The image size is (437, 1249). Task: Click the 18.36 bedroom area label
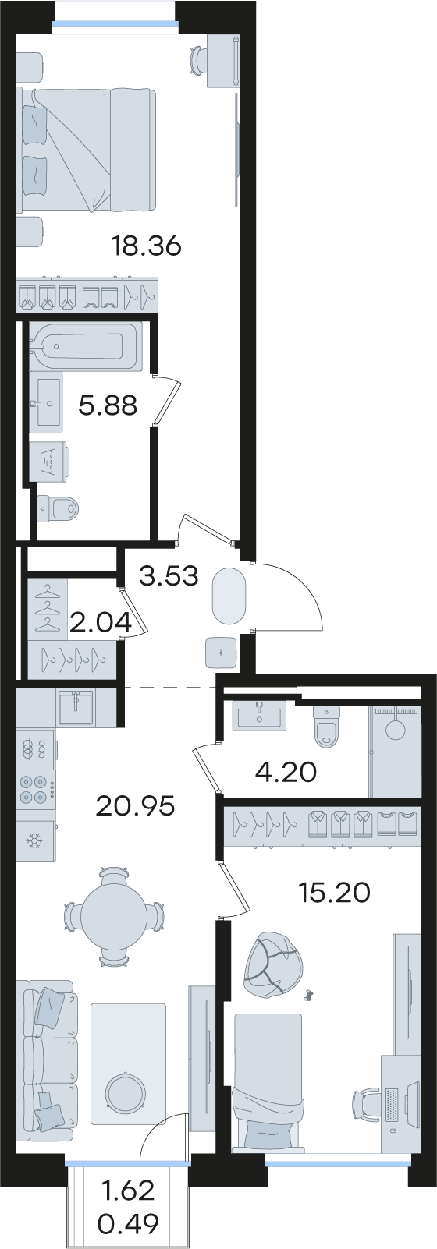[x=147, y=246]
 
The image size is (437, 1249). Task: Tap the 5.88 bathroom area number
[x=108, y=405]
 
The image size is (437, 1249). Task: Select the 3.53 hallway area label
[x=169, y=576]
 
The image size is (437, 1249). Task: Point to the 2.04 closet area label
[x=101, y=622]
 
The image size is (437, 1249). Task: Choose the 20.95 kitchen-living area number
[x=136, y=805]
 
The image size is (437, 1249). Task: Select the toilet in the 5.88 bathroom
[x=58, y=508]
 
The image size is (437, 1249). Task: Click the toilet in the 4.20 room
[x=326, y=726]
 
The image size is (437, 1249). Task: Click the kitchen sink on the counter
[x=76, y=708]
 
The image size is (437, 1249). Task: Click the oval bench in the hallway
[x=229, y=596]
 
